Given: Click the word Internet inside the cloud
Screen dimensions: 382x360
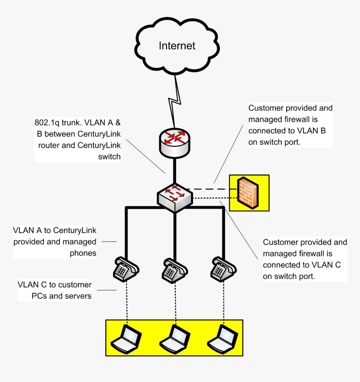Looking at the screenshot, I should pyautogui.click(x=177, y=46).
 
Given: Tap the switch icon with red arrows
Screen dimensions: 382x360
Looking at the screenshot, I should pyautogui.click(x=175, y=195).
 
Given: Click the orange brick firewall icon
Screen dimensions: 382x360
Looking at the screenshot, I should pyautogui.click(x=247, y=193).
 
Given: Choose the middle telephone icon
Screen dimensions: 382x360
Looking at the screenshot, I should pyautogui.click(x=174, y=269).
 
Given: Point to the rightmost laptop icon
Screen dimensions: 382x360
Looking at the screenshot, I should pyautogui.click(x=222, y=338).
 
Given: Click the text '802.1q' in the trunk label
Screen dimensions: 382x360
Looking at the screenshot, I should pyautogui.click(x=46, y=123).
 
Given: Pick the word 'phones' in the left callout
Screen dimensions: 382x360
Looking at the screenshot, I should pyautogui.click(x=83, y=253).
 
